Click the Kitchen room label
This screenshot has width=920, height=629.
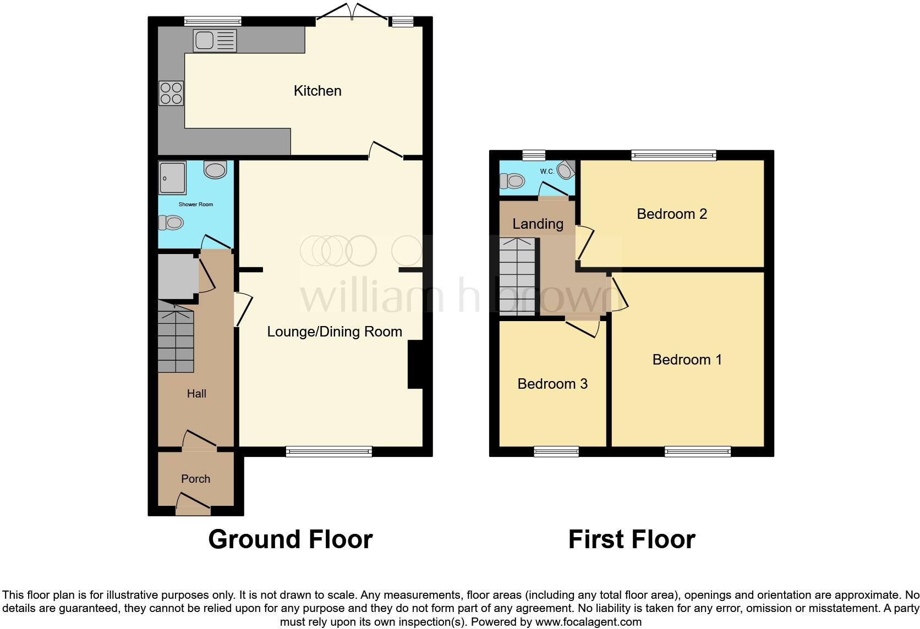(317, 91)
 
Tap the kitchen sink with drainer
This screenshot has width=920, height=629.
(215, 41)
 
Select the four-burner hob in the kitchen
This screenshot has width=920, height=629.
(171, 93)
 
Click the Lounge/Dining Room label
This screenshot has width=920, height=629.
(335, 332)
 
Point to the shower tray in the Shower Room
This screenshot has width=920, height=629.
(172, 178)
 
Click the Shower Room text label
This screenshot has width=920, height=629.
(195, 205)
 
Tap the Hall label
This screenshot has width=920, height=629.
(196, 394)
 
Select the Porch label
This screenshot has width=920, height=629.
(195, 479)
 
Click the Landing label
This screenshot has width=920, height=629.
(538, 224)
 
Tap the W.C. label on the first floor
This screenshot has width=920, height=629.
(546, 172)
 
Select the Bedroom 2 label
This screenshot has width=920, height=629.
(671, 214)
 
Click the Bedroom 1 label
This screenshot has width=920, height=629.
(687, 360)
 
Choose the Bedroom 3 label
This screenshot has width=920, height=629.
(552, 384)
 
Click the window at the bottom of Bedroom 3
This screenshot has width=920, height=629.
(556, 452)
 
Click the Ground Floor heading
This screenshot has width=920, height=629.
(291, 539)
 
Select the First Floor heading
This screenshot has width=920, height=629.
(632, 539)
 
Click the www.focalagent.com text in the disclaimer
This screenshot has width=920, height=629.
(588, 622)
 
